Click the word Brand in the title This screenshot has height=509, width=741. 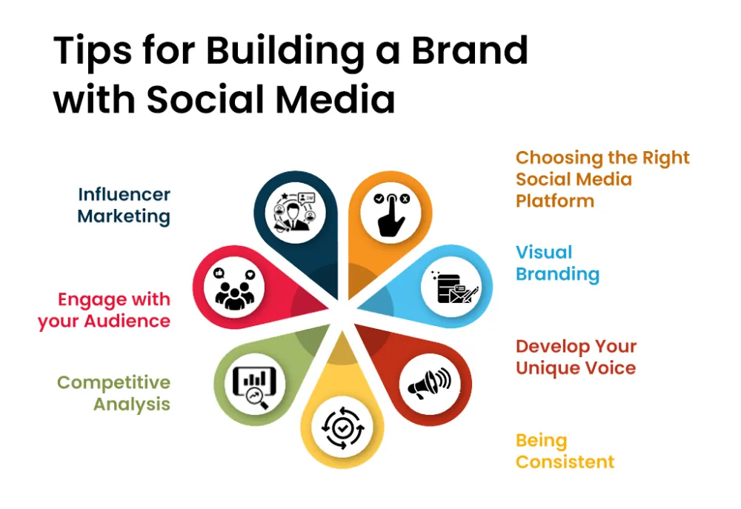(x=470, y=50)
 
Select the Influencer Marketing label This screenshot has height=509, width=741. (x=124, y=205)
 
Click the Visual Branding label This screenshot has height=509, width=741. (x=558, y=263)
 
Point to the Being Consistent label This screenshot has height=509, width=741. (x=565, y=451)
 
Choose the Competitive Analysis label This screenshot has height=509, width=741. (x=113, y=393)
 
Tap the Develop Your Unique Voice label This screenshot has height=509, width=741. (x=576, y=357)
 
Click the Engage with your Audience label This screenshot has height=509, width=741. (x=104, y=310)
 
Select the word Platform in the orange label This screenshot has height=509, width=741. (x=555, y=201)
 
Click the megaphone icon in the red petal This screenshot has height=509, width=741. (x=429, y=383)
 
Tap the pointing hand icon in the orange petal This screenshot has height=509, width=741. (x=391, y=214)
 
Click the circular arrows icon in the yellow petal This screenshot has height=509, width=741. (x=342, y=428)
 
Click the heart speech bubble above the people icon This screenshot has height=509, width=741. (x=250, y=275)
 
